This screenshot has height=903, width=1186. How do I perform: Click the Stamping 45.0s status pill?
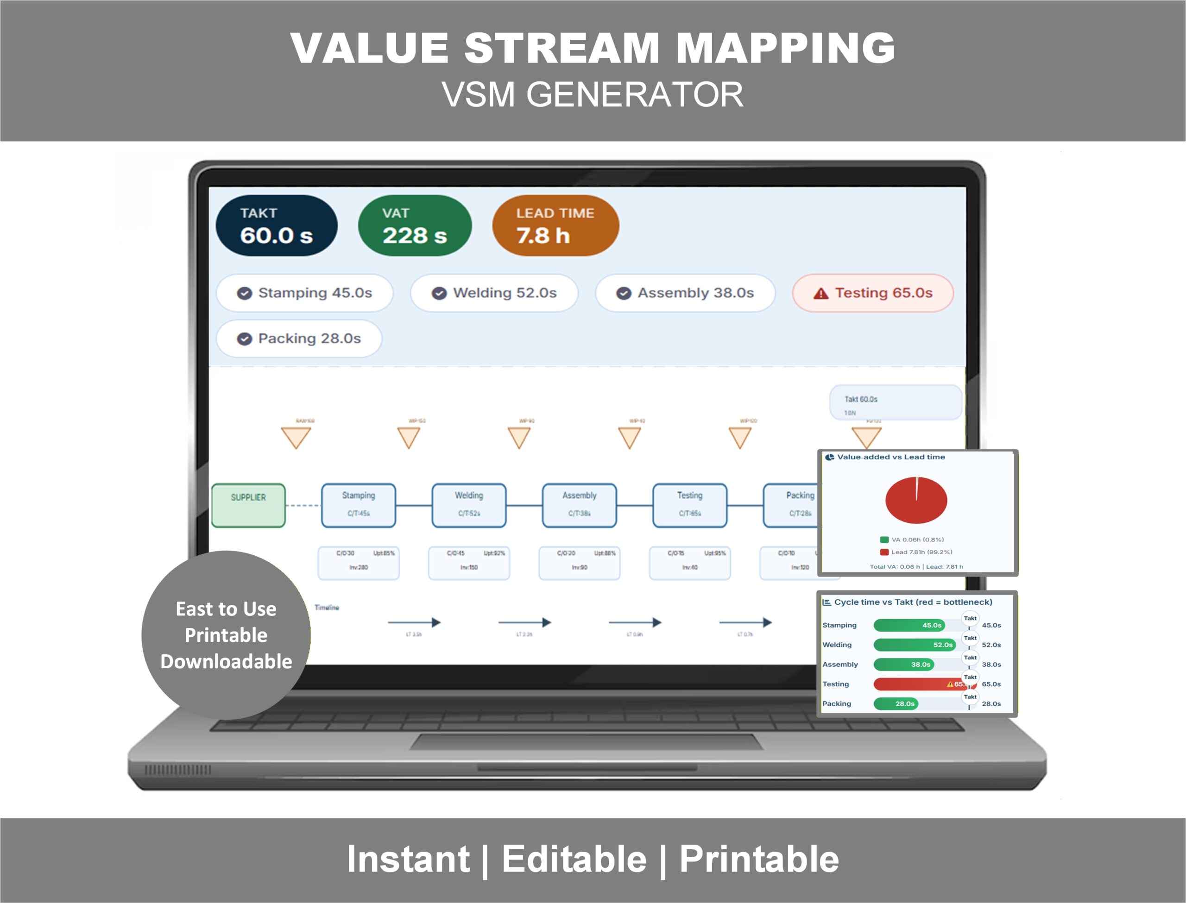[x=304, y=293]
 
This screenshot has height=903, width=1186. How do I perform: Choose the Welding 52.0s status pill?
[x=494, y=293]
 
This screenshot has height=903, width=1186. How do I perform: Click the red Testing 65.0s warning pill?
[x=872, y=293]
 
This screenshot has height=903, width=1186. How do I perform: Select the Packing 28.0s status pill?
[x=299, y=339]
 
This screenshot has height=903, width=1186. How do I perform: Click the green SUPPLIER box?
[x=248, y=505]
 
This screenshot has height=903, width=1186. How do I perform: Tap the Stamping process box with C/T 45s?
[x=359, y=505]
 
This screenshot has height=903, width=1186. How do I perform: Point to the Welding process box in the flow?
[x=469, y=505]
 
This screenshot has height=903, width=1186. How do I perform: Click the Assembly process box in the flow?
[x=579, y=505]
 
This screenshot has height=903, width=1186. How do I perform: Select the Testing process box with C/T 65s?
[x=690, y=505]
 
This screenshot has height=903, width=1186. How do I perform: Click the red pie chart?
[x=916, y=501]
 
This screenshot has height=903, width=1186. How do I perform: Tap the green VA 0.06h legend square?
[x=884, y=539]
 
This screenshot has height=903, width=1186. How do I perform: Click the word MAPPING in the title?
[x=785, y=48]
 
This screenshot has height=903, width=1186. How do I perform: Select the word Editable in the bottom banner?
[x=574, y=859]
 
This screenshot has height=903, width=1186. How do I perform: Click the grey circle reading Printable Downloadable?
[x=226, y=635]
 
